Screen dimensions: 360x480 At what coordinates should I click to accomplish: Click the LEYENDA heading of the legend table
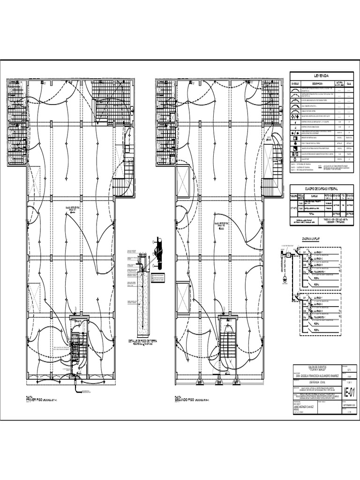point(321,75)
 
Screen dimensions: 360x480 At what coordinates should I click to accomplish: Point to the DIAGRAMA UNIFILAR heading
point(298,238)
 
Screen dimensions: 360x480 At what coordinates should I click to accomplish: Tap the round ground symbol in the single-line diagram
point(284,282)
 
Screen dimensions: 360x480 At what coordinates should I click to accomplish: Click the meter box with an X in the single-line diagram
point(290,255)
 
